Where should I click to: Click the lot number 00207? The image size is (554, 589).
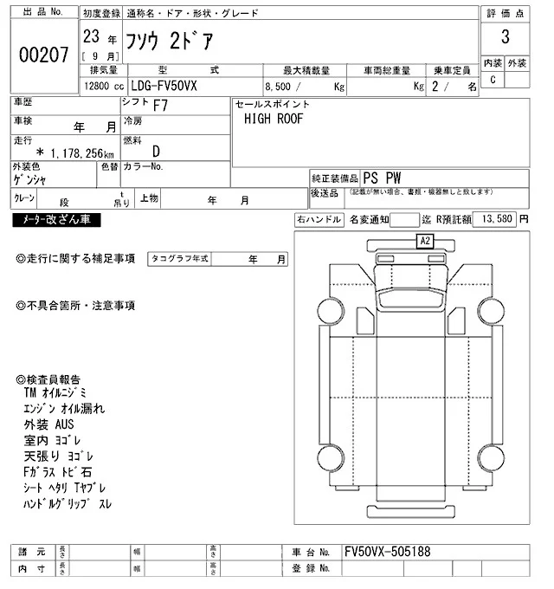pyautogui.click(x=43, y=55)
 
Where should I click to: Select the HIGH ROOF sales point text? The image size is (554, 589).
pyautogui.click(x=273, y=119)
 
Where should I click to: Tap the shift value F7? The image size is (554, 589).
pyautogui.click(x=161, y=104)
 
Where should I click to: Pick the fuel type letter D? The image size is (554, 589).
pyautogui.click(x=157, y=152)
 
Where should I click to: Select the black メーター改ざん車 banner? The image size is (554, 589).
pyautogui.click(x=56, y=220)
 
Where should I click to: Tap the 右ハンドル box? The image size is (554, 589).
pyautogui.click(x=319, y=220)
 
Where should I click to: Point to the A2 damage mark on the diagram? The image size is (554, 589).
pyautogui.click(x=425, y=242)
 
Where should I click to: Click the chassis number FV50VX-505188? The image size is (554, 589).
pyautogui.click(x=386, y=552)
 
